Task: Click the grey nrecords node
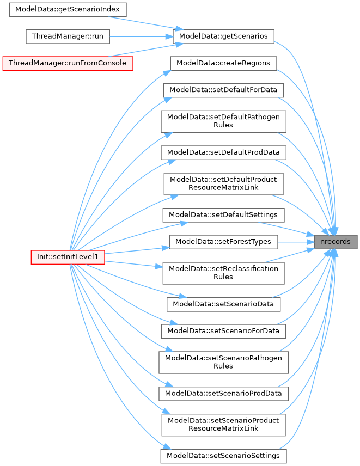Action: pyautogui.click(x=335, y=242)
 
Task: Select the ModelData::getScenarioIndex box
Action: pyautogui.click(x=68, y=10)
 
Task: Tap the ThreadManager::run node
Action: pyautogui.click(x=68, y=36)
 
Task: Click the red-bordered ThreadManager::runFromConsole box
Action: pyautogui.click(x=68, y=63)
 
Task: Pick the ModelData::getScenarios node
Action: pyautogui.click(x=223, y=36)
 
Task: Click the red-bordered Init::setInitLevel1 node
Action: pyautogui.click(x=68, y=256)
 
